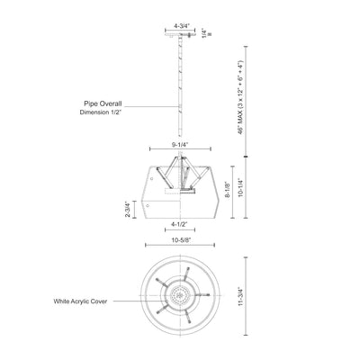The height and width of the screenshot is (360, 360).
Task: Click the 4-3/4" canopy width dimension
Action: pyautogui.click(x=180, y=26)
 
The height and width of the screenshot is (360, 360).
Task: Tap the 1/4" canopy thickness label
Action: pyautogui.click(x=204, y=33)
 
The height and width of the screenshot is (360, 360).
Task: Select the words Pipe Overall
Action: pyautogui.click(x=103, y=103)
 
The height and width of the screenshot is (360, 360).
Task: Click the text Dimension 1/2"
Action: pyautogui.click(x=101, y=112)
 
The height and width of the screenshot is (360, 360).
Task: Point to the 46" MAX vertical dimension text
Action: pyautogui.click(x=240, y=97)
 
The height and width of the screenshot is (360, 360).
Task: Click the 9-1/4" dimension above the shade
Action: pyautogui.click(x=180, y=145)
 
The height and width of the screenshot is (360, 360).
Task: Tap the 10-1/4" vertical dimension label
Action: pyautogui.click(x=240, y=188)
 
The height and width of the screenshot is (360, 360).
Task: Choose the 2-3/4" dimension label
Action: pyautogui.click(x=129, y=209)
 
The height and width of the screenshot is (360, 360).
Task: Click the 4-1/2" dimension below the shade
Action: pyautogui.click(x=179, y=224)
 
